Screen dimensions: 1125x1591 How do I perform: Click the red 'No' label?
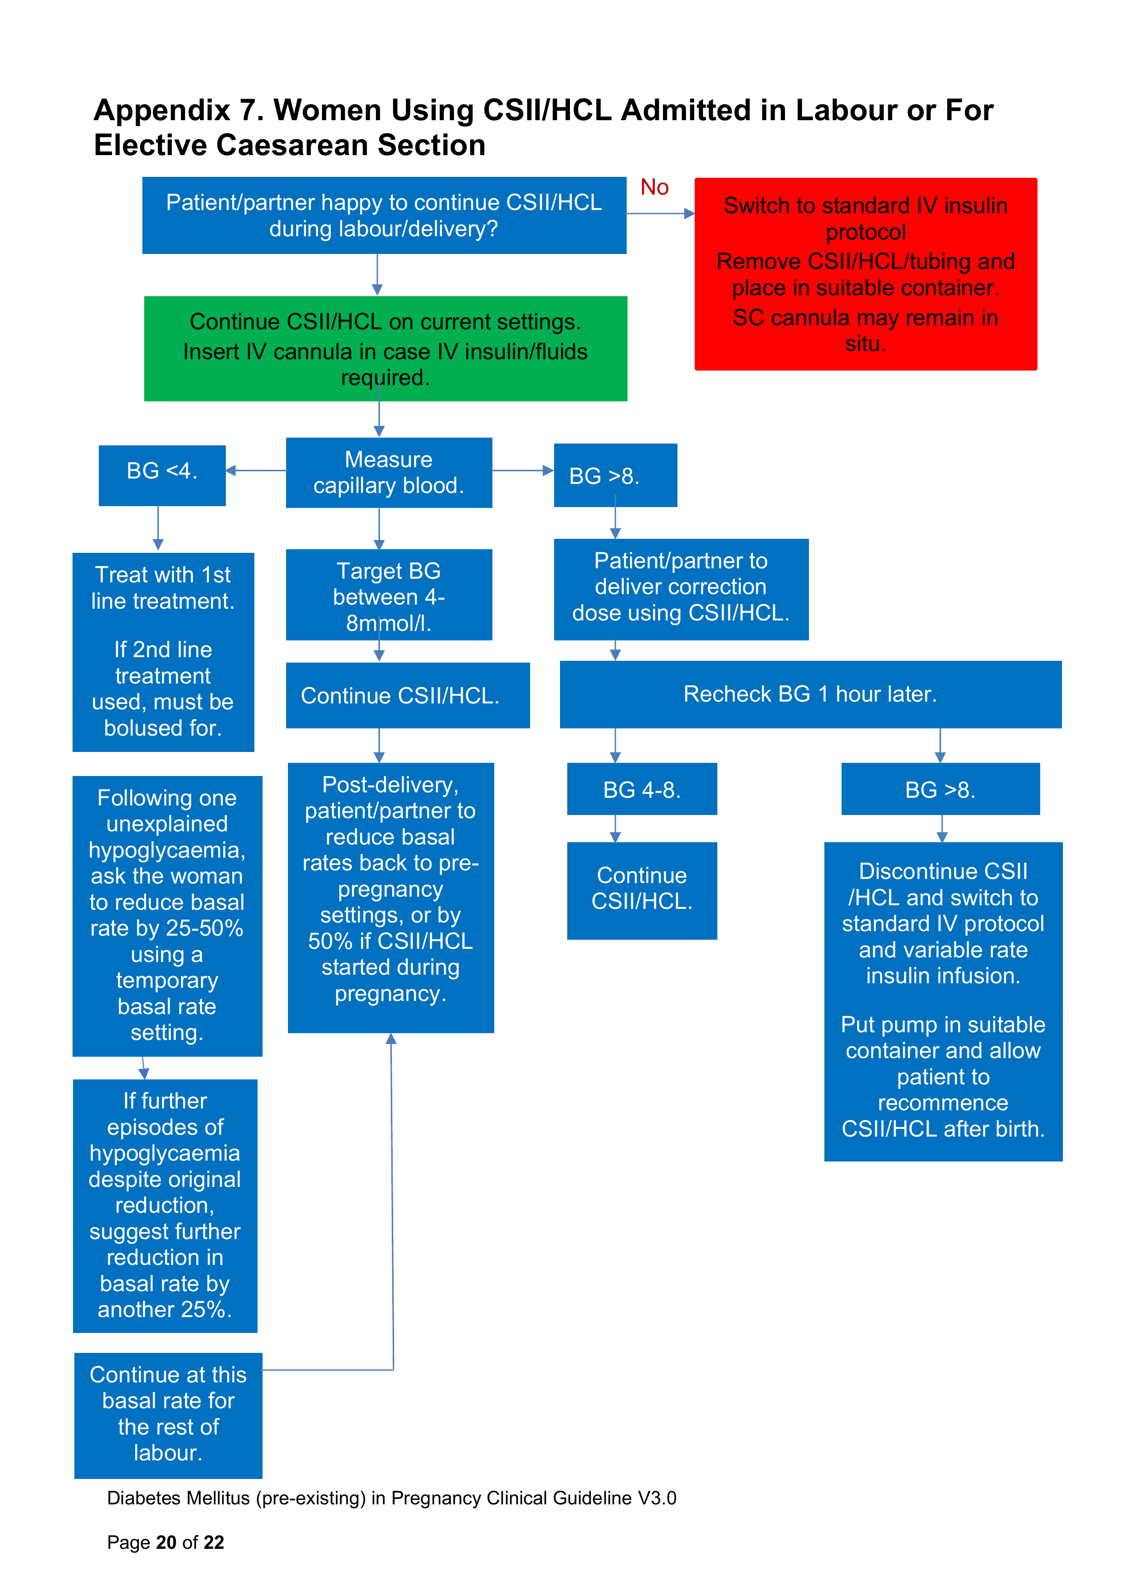click(654, 187)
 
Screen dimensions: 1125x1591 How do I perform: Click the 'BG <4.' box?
click(162, 475)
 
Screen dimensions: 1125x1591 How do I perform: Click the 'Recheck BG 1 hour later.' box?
click(810, 694)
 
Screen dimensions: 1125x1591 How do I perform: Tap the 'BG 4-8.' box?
click(642, 789)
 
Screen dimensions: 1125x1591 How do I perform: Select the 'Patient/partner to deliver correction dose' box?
click(681, 589)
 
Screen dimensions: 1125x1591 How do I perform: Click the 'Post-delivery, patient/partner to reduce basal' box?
click(391, 898)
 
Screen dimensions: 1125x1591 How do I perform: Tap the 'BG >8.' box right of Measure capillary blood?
click(615, 475)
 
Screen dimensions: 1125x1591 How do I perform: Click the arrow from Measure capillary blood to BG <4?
click(256, 470)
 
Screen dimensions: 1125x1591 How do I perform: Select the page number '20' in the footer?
click(166, 1542)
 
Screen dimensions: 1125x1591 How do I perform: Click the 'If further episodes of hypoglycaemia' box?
click(165, 1206)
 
